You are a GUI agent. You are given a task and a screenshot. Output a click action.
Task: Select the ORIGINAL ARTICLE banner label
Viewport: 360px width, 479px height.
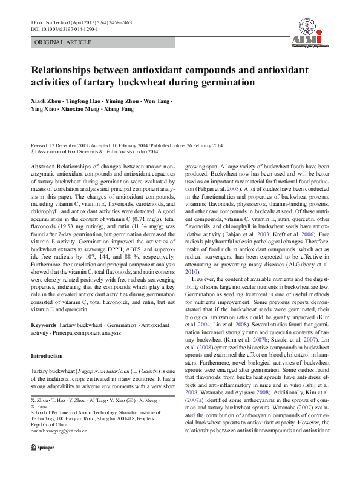(63, 42)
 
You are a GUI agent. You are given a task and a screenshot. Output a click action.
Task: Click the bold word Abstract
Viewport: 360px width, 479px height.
(42, 166)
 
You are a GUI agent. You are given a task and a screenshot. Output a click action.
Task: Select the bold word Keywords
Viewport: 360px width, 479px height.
(44, 325)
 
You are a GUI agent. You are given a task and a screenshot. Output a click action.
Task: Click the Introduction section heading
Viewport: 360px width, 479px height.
(47, 356)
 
